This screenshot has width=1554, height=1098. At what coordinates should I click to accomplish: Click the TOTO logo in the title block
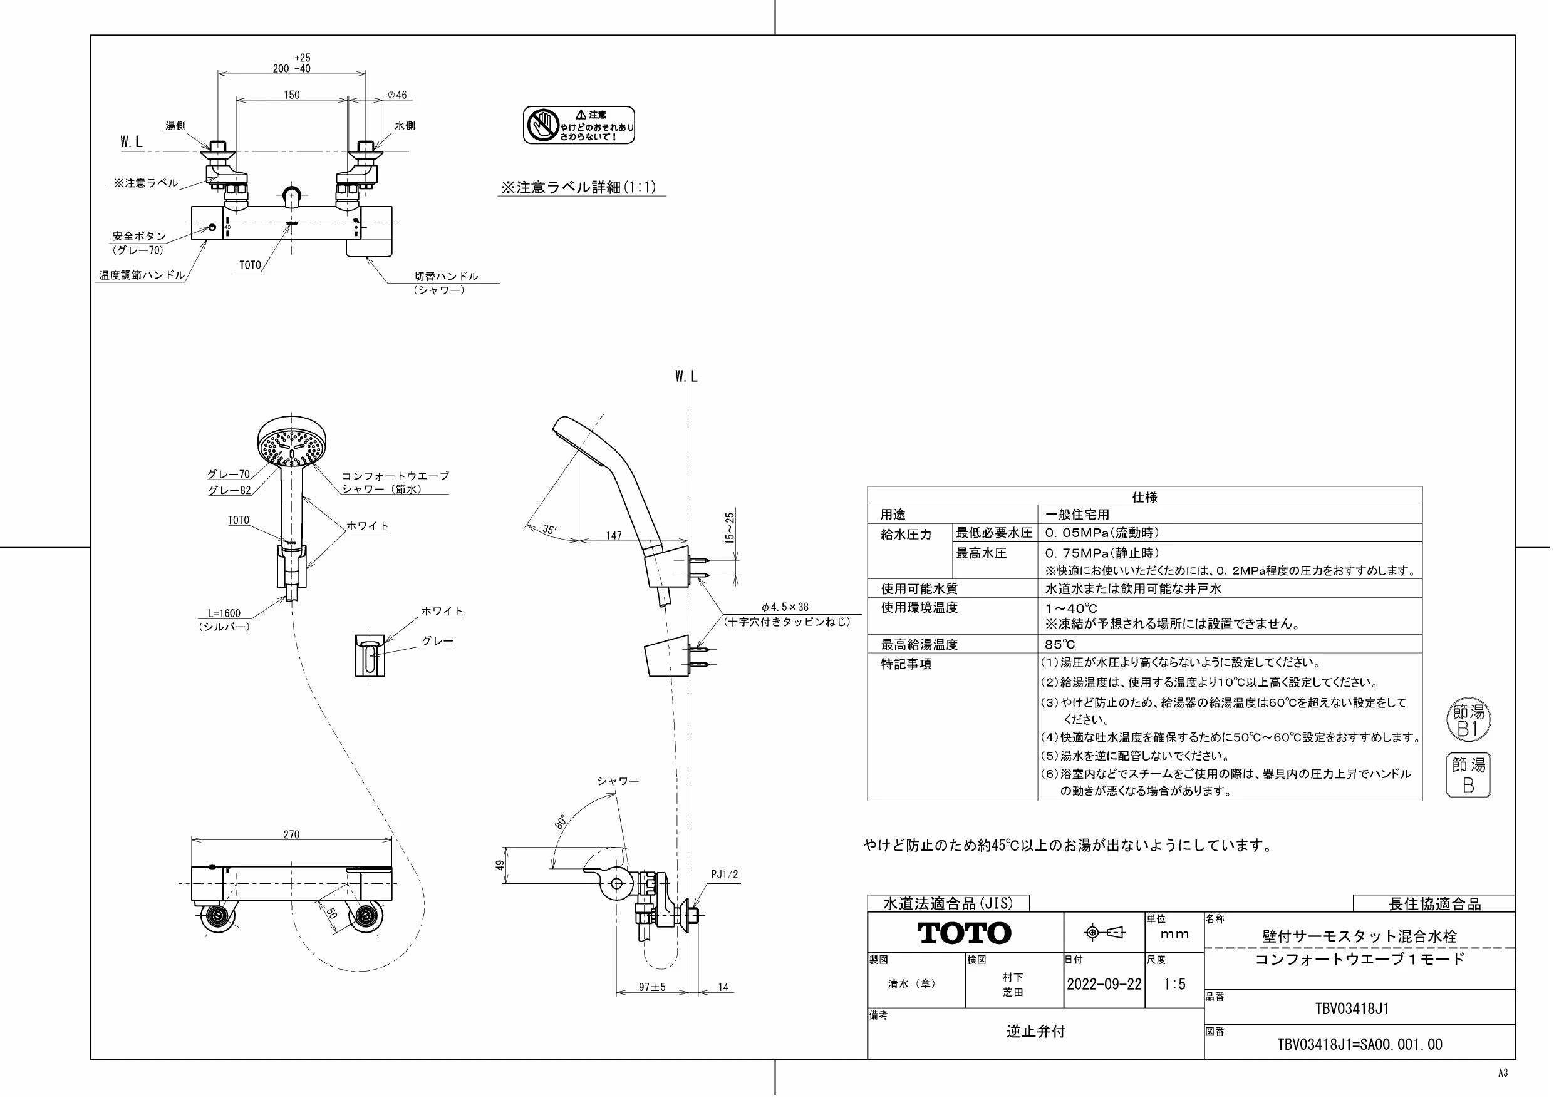pos(965,933)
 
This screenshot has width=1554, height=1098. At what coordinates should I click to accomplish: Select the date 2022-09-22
pos(1104,984)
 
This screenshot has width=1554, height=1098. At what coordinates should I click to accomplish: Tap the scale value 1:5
pos(1174,984)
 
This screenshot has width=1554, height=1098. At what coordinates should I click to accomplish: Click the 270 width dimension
pos(291,834)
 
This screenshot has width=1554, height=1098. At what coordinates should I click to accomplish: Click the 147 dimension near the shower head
pos(614,535)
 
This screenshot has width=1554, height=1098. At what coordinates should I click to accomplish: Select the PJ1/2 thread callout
pos(724,875)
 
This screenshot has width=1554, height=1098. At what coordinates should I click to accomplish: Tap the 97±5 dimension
pos(653,987)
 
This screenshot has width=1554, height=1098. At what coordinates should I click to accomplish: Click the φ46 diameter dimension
pos(397,95)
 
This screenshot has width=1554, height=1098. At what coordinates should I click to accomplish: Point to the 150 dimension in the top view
pos(291,95)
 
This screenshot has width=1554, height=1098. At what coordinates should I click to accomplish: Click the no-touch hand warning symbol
pos(541,125)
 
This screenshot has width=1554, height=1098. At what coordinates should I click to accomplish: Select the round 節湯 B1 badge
pos(1469,721)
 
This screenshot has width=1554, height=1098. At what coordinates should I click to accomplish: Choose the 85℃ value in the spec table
pos(1060,644)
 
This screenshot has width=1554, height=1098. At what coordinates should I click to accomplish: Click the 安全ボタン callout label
pos(139,236)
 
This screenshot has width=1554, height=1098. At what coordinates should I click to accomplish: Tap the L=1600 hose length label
pos(224,613)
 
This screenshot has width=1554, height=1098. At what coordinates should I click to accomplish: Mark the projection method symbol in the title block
pos(1104,933)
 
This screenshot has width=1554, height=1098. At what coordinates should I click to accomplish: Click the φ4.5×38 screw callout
pos(784,607)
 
